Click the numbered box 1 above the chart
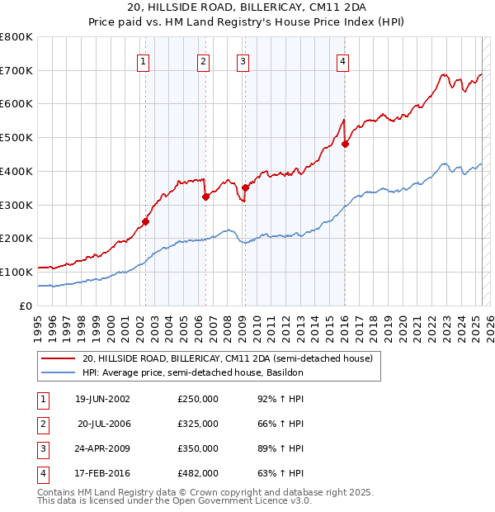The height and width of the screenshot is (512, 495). click(x=144, y=61)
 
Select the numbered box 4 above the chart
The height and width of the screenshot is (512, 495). click(x=342, y=61)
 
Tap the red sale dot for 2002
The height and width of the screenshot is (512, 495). click(x=146, y=221)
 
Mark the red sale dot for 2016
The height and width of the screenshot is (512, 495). click(x=345, y=144)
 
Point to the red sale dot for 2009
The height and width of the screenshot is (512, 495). click(x=245, y=188)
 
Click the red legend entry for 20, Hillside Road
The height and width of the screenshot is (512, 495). click(x=228, y=359)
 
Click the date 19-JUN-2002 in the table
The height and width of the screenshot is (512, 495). click(x=102, y=399)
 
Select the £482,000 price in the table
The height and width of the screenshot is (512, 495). click(x=198, y=473)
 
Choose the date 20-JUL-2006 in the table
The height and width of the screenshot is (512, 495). click(x=104, y=424)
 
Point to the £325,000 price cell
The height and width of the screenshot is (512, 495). click(x=198, y=424)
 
